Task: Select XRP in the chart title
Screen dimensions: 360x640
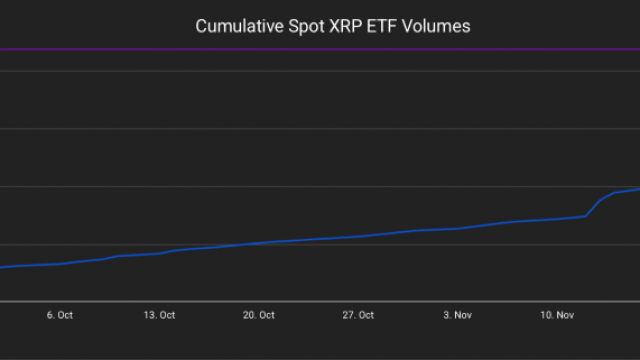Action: coord(347,26)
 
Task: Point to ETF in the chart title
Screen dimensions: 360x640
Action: coord(385,26)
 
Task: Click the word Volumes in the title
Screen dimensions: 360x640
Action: coord(437,26)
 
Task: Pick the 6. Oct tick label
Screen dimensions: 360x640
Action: coord(59,315)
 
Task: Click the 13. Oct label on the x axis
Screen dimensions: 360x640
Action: coord(159,315)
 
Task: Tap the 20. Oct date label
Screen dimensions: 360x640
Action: coord(259,315)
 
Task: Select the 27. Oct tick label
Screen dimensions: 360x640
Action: coord(358,315)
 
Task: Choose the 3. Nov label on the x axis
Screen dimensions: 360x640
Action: coord(458,315)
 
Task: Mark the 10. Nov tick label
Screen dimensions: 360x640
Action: coord(558,315)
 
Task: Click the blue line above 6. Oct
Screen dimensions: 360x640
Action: coord(59,264)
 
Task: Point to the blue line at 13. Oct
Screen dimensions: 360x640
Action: coord(159,253)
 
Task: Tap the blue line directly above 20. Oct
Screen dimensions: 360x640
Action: coord(259,243)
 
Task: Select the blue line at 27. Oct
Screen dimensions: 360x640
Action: coord(358,236)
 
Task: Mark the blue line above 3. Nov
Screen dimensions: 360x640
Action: coord(458,228)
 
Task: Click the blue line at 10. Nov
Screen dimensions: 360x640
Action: coord(558,218)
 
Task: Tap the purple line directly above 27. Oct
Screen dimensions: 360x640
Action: coord(358,49)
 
